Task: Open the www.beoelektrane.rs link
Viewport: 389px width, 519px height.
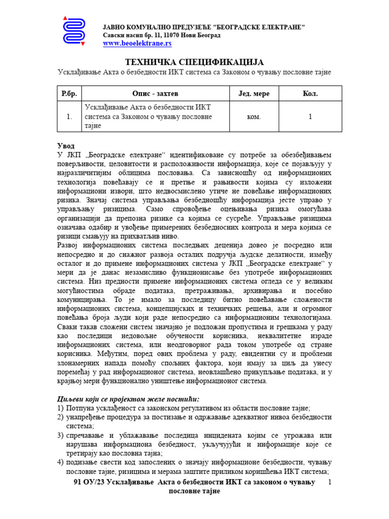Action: [137, 44]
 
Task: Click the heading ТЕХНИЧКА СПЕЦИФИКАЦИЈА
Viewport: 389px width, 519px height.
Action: [194, 62]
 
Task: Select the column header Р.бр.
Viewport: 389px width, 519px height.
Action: [68, 94]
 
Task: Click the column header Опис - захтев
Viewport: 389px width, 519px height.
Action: [155, 94]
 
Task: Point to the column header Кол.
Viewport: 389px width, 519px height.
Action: [310, 94]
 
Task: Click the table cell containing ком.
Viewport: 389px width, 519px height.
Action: [254, 117]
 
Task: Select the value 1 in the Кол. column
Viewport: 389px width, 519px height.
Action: [310, 117]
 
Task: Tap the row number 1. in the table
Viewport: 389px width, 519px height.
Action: [68, 117]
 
